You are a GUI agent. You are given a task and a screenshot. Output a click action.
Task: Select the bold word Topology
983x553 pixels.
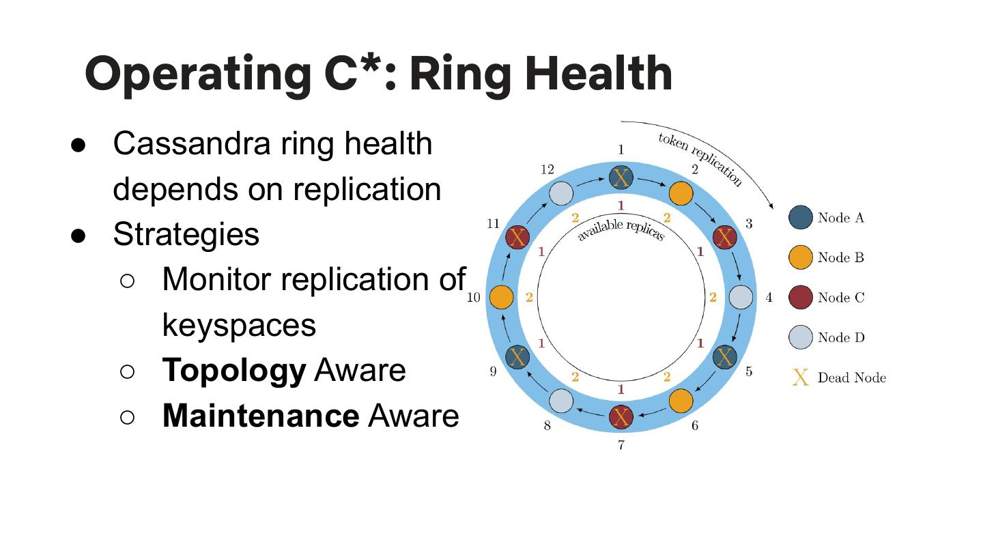coord(234,370)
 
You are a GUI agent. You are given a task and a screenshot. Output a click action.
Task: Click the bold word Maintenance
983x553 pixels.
coord(260,415)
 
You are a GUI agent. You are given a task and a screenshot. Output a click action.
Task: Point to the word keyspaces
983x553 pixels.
coord(239,324)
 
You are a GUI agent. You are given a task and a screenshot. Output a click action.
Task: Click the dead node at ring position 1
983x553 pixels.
coord(621,178)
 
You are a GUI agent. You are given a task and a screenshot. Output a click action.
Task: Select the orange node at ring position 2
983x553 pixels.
coord(681,194)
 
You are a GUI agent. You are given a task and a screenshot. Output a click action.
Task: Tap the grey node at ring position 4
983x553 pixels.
coord(741,298)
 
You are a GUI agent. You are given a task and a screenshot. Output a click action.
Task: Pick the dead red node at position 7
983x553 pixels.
coord(621,416)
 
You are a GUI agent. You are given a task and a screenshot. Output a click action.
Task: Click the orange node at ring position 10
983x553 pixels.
coord(502,298)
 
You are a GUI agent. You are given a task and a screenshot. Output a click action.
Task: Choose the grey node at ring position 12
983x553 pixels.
coord(561,194)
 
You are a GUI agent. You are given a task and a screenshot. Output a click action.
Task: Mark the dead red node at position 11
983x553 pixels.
coord(517,238)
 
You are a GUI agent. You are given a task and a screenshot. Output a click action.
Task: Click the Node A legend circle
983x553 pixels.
coord(801,218)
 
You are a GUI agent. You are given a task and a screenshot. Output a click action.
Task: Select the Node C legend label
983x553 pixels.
coord(840,298)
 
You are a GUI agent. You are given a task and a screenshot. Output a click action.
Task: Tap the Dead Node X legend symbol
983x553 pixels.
coord(801,378)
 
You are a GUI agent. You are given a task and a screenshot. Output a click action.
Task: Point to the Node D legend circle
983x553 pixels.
coord(801,337)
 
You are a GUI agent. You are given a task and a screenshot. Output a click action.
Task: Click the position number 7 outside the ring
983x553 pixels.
coord(621,446)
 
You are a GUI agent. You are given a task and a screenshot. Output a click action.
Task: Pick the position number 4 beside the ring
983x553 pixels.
coord(769,298)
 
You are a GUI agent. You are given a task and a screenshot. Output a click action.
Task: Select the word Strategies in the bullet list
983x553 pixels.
coord(186,233)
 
